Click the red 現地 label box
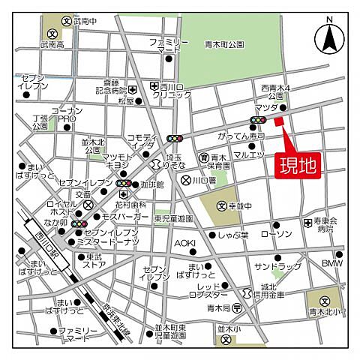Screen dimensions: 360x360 pos(297,164)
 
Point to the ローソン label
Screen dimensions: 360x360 pos(275,234)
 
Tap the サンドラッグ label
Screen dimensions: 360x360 pos(273,266)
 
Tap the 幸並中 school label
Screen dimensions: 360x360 pos(240,205)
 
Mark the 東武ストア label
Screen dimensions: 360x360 pos(94,260)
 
